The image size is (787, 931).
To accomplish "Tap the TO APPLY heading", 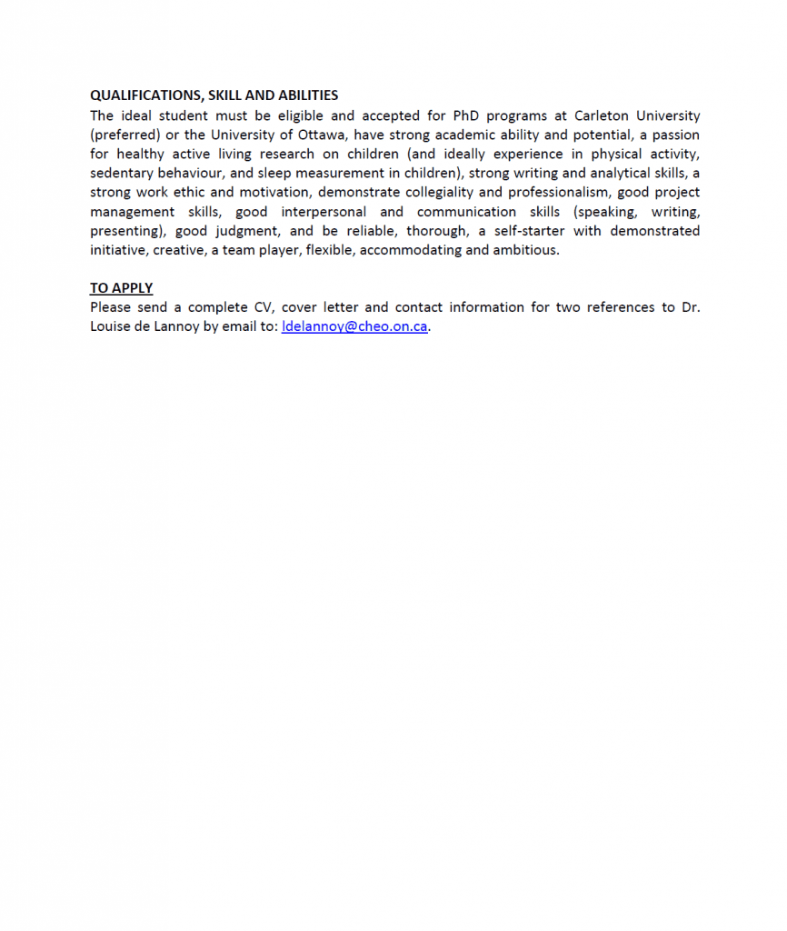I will click(121, 288).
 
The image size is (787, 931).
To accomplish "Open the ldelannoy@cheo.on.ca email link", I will click(354, 326).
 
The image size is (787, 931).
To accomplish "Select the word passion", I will click(675, 135).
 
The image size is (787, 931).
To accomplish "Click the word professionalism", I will click(557, 192).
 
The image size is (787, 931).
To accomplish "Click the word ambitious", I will click(525, 250).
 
